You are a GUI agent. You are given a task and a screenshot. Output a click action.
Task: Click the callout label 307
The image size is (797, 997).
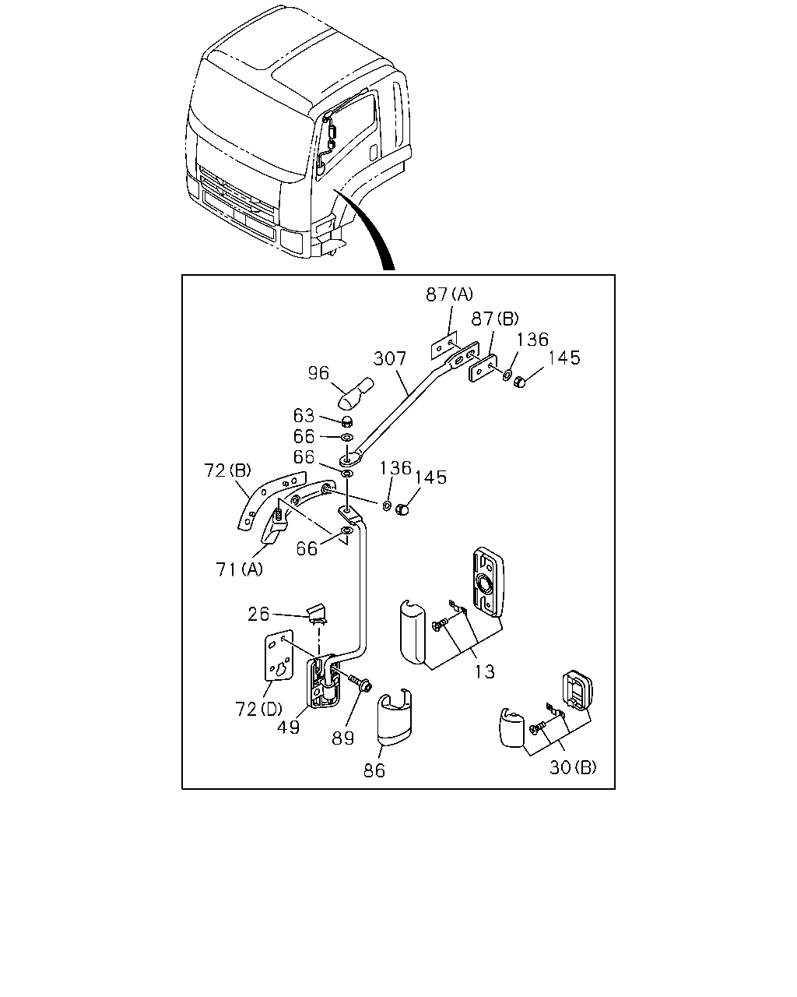pyautogui.click(x=389, y=358)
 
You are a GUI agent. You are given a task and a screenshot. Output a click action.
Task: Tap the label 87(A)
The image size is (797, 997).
pyautogui.click(x=449, y=294)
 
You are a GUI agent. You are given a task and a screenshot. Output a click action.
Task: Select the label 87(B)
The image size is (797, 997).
pyautogui.click(x=494, y=319)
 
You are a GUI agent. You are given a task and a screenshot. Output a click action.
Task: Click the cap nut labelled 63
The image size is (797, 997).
pyautogui.click(x=348, y=421)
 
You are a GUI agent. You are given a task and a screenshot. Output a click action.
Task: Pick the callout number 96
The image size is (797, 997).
pyautogui.click(x=318, y=373)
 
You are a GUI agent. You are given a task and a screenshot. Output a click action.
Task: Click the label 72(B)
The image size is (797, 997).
pyautogui.click(x=227, y=470)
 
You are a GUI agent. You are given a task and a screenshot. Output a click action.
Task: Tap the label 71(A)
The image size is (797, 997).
pyautogui.click(x=239, y=569)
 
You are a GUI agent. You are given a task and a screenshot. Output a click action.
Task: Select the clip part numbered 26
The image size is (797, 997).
pyautogui.click(x=318, y=614)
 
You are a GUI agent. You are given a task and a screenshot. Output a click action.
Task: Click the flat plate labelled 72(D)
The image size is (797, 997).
pyautogui.click(x=279, y=655)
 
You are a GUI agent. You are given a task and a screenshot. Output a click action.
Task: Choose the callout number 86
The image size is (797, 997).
pyautogui.click(x=374, y=770)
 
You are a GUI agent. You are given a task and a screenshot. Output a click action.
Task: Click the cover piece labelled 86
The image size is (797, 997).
pyautogui.click(x=395, y=717)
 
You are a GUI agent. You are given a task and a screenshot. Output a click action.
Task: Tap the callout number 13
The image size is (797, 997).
pyautogui.click(x=484, y=671)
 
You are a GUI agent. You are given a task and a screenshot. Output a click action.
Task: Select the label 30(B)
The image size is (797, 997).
pyautogui.click(x=573, y=768)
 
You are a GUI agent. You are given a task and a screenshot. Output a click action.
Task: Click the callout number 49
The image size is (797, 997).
pyautogui.click(x=288, y=727)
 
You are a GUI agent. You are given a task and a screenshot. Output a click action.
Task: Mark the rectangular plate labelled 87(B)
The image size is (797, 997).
pyautogui.click(x=483, y=368)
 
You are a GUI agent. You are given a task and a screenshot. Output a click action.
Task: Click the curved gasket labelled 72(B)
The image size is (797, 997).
pyautogui.click(x=271, y=499)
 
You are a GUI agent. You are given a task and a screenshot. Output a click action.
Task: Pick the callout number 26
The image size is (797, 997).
pyautogui.click(x=258, y=615)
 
